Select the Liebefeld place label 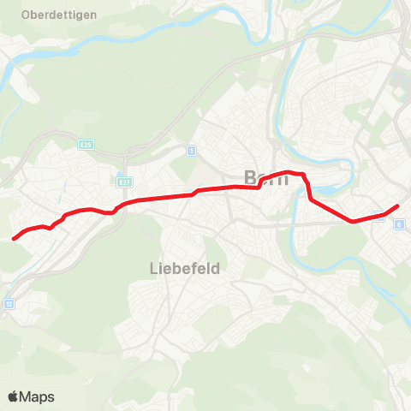click(x=178, y=268)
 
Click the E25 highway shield click(x=85, y=146)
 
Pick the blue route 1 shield click(x=190, y=152)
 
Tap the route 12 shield click(x=9, y=303)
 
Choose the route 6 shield click(x=399, y=223)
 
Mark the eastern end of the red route click(x=398, y=205)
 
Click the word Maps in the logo click(x=37, y=396)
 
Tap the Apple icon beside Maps click(x=13, y=396)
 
